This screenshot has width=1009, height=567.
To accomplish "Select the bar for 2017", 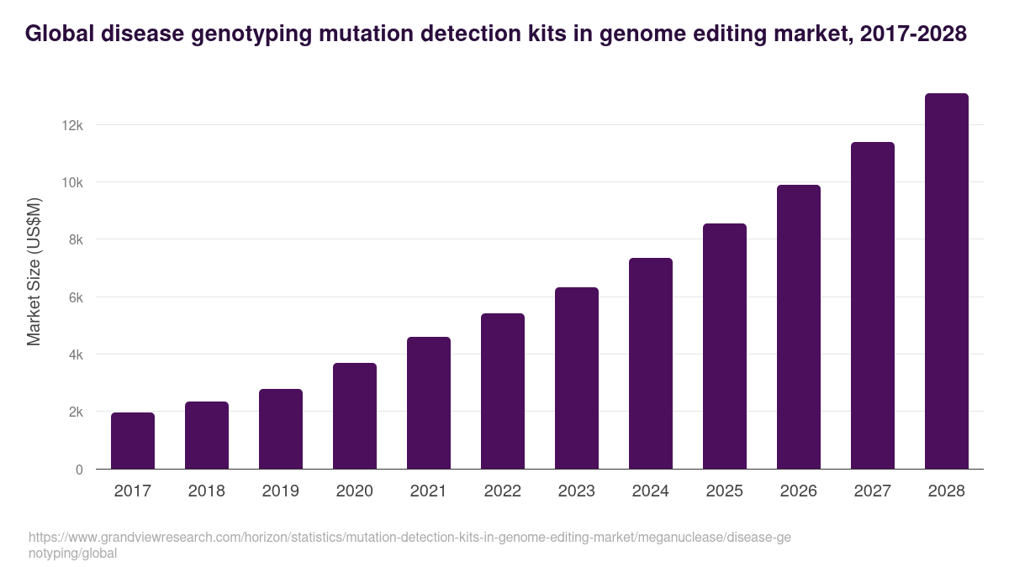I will coord(133,441).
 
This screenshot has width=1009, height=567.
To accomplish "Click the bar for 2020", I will coord(355,416).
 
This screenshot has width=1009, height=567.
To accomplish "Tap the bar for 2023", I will coord(577,378).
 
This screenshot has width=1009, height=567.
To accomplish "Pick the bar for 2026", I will coord(799,327).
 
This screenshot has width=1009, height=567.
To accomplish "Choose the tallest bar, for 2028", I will coord(947,281).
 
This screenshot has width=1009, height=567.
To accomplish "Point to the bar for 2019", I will coord(281,429).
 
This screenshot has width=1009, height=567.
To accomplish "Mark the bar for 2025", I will coord(725,346).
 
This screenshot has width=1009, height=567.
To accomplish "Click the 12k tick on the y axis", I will coord(72,125).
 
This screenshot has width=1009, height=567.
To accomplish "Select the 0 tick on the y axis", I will coord(79,470).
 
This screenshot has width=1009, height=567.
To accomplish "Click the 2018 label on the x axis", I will coord(207,491).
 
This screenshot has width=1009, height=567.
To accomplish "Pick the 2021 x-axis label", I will coord(429,491).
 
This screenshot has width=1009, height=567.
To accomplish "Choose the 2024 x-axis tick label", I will coord(651,491).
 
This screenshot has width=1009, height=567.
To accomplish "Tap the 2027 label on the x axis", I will coord(873,491).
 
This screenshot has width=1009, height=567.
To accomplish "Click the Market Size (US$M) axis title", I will coord(34,270).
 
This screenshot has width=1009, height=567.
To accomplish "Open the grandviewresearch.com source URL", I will coord(409,545).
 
